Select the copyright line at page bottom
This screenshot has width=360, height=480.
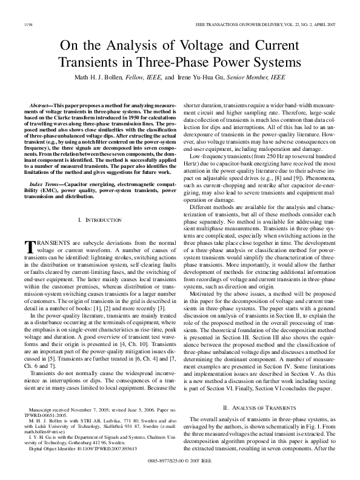[x=180, y=476]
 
